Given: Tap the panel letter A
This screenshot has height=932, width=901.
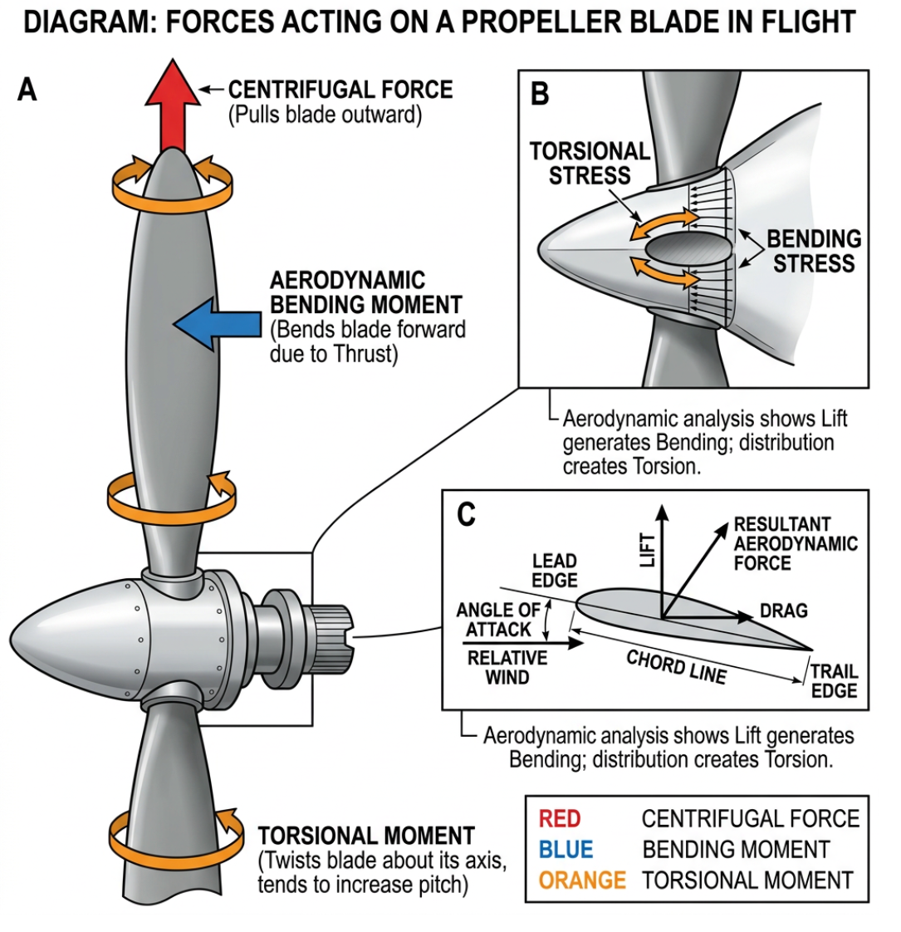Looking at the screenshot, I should (x=27, y=89).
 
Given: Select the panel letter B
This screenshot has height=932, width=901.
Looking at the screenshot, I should (x=540, y=94).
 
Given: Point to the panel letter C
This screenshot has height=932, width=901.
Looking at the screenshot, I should (x=467, y=514).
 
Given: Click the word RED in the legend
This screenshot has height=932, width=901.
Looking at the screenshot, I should (x=560, y=819).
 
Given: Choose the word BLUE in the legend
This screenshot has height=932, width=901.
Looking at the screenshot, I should (x=566, y=849).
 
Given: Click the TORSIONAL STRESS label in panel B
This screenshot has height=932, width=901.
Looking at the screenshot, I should (x=590, y=164).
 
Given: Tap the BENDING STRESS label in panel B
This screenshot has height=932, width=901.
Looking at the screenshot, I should (x=813, y=251).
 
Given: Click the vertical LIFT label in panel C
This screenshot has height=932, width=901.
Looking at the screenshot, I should (x=648, y=549).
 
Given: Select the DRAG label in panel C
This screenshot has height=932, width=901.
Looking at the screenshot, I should (x=783, y=611).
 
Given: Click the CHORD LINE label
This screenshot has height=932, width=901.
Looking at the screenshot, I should (x=676, y=667).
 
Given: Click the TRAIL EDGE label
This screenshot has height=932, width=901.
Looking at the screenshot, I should (x=834, y=680).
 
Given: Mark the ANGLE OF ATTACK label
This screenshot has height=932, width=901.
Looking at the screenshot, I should (x=497, y=620).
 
